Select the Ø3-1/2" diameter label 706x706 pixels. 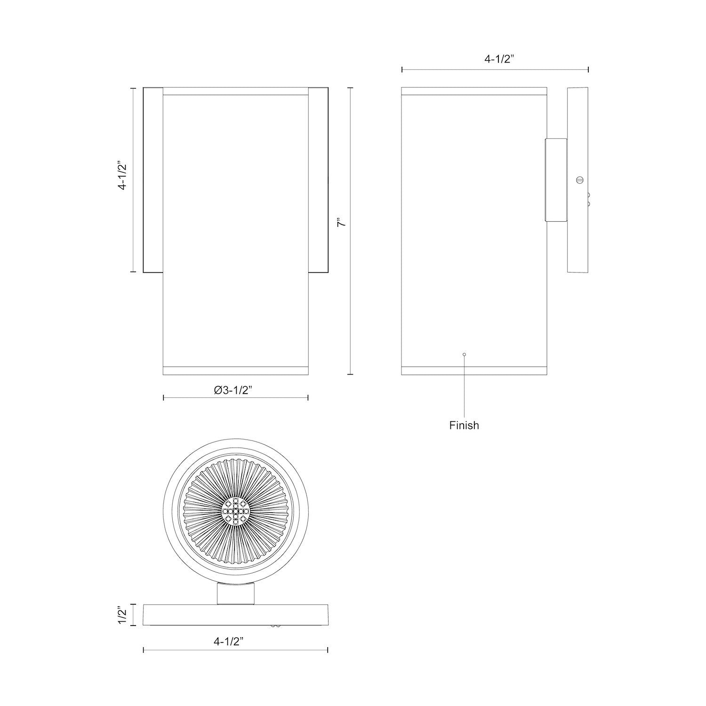(x=233, y=390)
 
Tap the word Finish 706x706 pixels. (x=464, y=425)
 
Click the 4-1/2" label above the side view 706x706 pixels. (x=495, y=59)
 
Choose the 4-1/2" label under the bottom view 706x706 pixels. (x=234, y=641)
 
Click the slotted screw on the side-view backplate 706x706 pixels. (x=579, y=179)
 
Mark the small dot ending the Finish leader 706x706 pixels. (x=464, y=354)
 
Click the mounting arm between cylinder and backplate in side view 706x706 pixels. (x=556, y=180)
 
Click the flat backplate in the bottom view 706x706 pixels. (x=235, y=615)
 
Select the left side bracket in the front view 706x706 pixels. (x=153, y=180)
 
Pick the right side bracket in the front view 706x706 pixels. (x=318, y=180)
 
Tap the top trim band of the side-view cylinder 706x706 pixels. (x=473, y=90)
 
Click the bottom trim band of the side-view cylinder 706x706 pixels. (x=473, y=370)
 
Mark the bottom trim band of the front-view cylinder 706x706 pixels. (x=235, y=370)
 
